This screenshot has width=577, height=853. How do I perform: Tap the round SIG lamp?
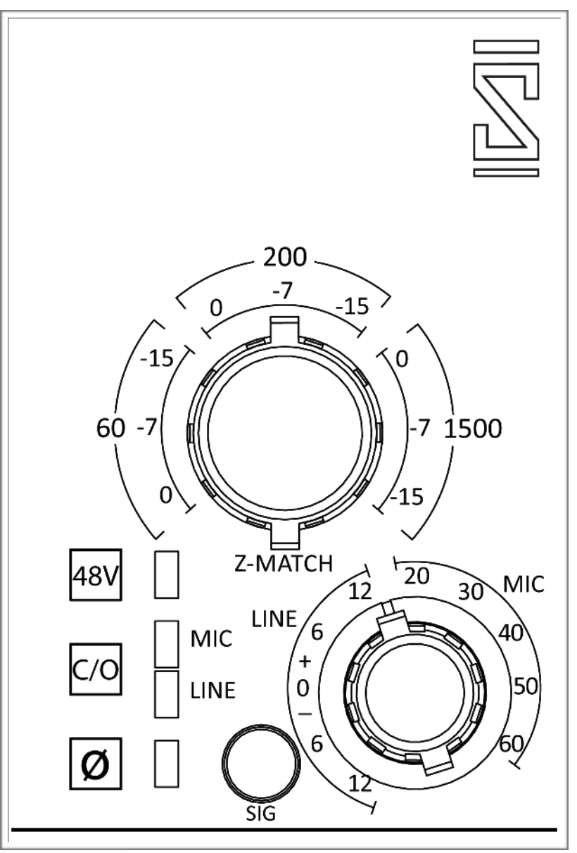(260, 764)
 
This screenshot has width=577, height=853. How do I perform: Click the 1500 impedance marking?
(472, 428)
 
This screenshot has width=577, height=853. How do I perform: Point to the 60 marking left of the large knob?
(110, 427)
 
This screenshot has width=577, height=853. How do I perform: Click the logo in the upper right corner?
(507, 107)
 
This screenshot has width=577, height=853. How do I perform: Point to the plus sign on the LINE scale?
(305, 662)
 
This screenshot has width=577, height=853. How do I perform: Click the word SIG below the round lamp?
(260, 815)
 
